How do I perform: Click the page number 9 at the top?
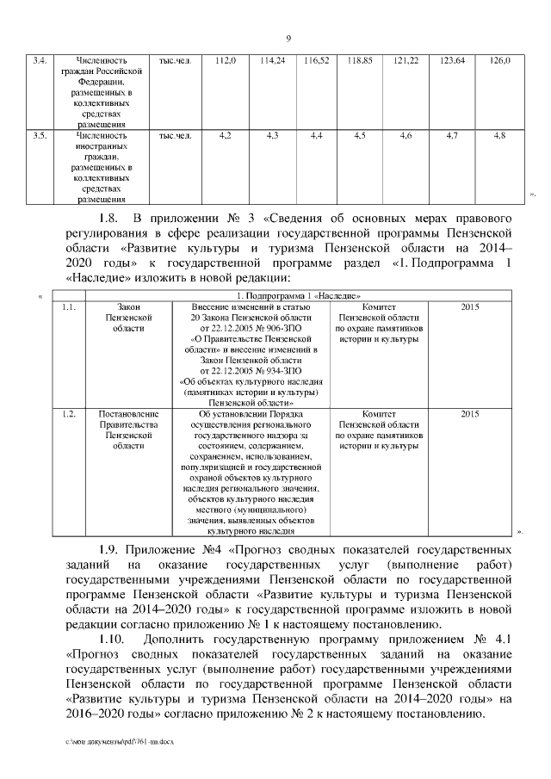[x=288, y=38]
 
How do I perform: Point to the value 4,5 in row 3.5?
[x=360, y=135]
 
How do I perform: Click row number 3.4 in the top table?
[x=40, y=60]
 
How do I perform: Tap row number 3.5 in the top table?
[x=40, y=135]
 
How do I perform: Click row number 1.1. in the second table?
[x=71, y=307]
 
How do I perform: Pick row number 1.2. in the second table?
[x=71, y=414]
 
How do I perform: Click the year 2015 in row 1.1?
[x=470, y=307]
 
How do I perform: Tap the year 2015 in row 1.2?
[x=470, y=414]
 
